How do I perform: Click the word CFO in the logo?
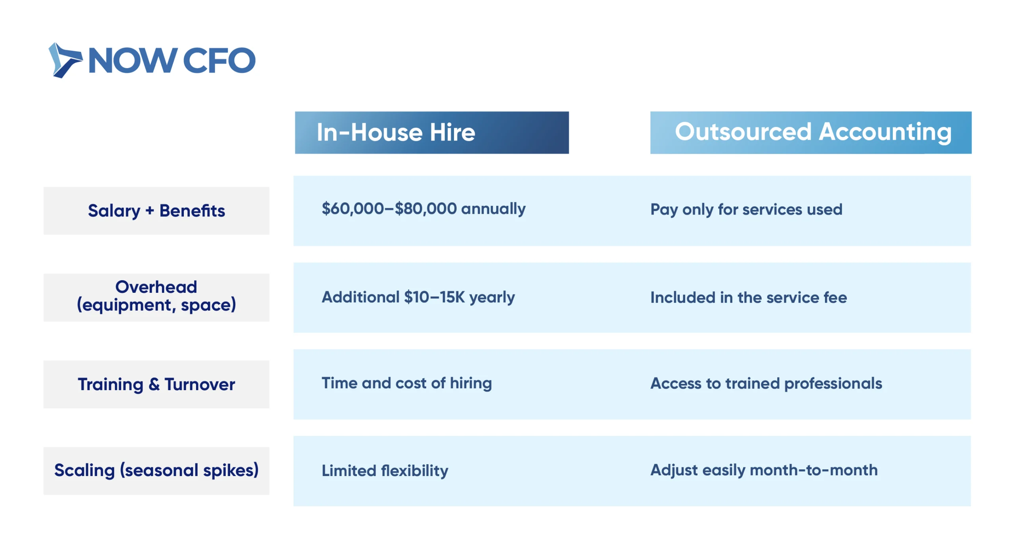click(x=219, y=61)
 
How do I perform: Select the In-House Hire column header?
click(x=431, y=132)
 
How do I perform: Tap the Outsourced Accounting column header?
click(x=810, y=132)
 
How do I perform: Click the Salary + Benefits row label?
click(x=156, y=211)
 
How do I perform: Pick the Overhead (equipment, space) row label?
click(x=156, y=297)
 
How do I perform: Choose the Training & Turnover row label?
click(x=156, y=384)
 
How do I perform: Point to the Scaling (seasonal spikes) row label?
click(x=156, y=471)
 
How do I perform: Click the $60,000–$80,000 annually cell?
click(x=423, y=209)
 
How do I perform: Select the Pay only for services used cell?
click(x=746, y=210)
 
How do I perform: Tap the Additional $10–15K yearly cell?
click(x=418, y=297)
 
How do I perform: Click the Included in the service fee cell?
click(x=749, y=297)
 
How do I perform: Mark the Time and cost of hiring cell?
click(x=406, y=383)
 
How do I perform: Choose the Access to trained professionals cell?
click(x=766, y=383)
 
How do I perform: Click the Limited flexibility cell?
click(x=385, y=471)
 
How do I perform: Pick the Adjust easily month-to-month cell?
click(x=764, y=470)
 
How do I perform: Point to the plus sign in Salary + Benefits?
click(x=150, y=211)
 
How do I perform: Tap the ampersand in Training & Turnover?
click(x=154, y=384)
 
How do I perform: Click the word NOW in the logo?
click(x=132, y=61)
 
